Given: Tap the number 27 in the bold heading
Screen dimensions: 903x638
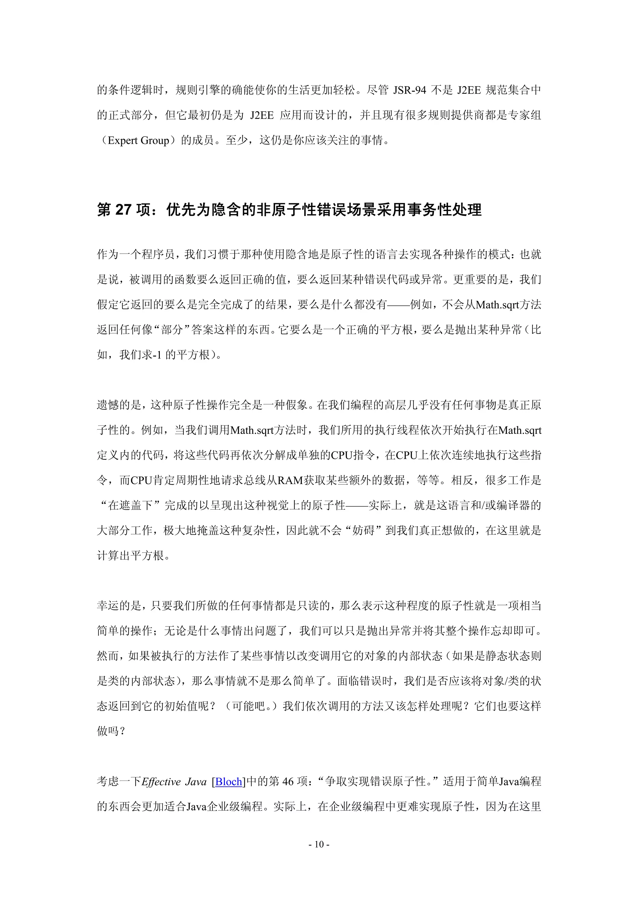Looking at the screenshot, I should [x=123, y=210].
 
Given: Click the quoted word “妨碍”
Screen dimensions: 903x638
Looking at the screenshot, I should [x=363, y=531].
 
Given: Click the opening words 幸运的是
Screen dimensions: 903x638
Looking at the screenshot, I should [x=119, y=606].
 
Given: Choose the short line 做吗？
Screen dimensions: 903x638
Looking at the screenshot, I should [x=111, y=731].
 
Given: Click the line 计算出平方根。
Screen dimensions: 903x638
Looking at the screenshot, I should [x=134, y=556].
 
